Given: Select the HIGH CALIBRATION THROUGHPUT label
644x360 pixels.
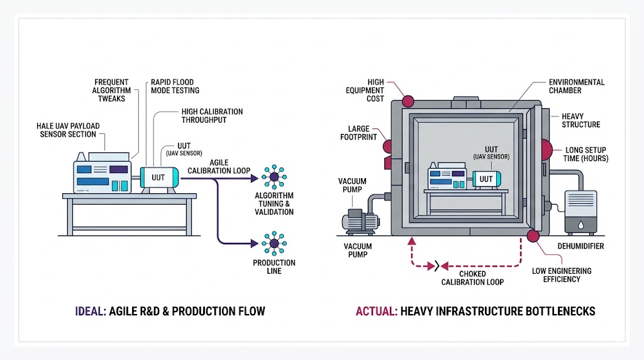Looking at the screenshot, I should (212, 116).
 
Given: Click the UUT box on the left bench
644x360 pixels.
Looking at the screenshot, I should (158, 177).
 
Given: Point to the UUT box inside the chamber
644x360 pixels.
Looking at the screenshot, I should (486, 179).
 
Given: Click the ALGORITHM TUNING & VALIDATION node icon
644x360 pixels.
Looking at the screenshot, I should (274, 177).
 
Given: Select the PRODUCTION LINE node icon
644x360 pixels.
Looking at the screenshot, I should (274, 242).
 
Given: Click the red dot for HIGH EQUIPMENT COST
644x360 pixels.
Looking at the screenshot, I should (408, 101).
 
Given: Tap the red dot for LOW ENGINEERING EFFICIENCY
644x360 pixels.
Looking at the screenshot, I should (533, 236).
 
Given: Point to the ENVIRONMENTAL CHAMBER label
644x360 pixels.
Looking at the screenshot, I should (577, 86).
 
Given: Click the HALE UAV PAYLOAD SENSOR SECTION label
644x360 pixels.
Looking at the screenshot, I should (68, 130).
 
